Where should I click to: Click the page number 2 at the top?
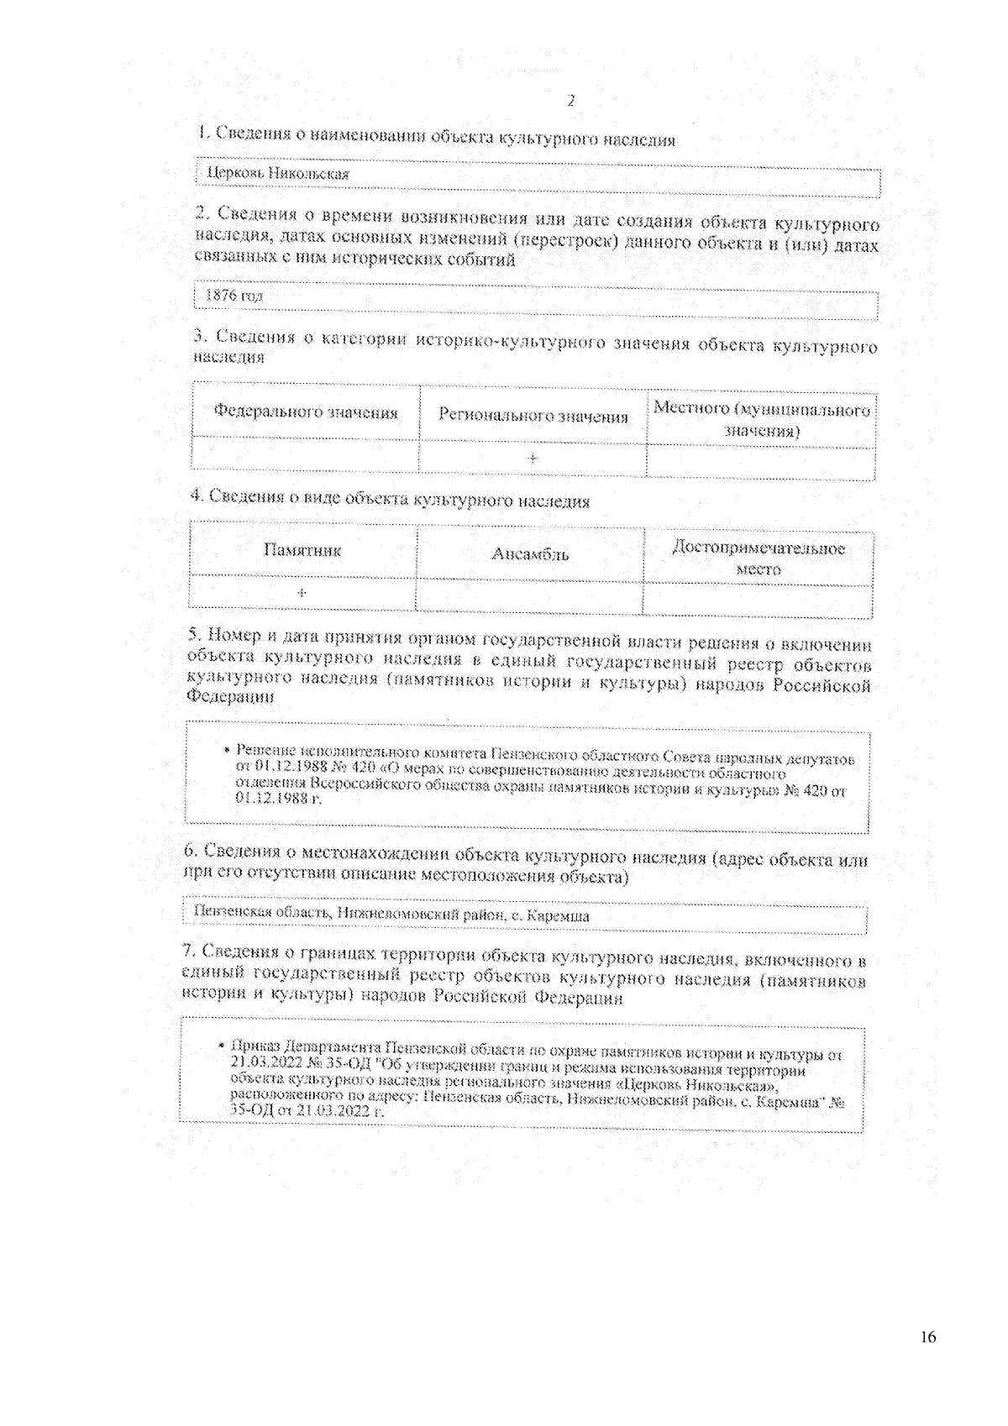click(571, 102)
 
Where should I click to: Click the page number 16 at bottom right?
click(928, 1337)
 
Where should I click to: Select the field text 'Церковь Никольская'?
click(278, 174)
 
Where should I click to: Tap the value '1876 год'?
click(234, 296)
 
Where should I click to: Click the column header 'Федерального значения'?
click(306, 412)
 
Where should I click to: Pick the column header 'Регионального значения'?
click(533, 417)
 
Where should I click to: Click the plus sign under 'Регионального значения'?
click(533, 459)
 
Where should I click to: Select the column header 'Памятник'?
click(302, 551)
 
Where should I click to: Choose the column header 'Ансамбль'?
click(530, 554)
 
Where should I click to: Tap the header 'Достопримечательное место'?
click(759, 558)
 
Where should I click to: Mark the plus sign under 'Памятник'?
click(302, 593)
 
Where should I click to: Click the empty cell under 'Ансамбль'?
click(529, 597)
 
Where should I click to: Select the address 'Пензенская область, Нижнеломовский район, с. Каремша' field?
click(391, 915)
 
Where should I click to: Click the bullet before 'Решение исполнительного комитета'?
click(227, 749)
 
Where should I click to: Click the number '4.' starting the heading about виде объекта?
click(197, 495)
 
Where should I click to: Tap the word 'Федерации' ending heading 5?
click(230, 697)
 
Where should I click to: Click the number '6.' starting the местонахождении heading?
click(192, 851)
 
